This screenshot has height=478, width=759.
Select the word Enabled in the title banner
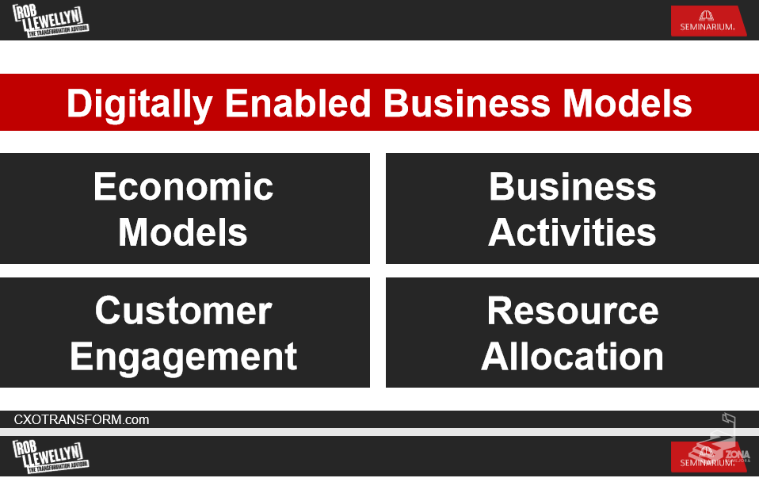(x=298, y=103)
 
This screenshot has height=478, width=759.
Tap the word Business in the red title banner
(x=467, y=103)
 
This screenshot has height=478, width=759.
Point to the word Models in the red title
(x=627, y=103)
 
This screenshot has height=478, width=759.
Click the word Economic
(x=184, y=186)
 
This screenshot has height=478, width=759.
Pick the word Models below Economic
(x=183, y=232)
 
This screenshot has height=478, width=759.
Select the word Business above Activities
(x=573, y=186)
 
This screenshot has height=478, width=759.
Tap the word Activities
(x=572, y=232)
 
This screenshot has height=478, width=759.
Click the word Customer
(x=184, y=311)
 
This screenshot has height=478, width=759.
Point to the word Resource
(x=573, y=311)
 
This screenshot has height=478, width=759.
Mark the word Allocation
(x=572, y=356)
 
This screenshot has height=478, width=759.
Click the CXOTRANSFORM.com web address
(x=82, y=419)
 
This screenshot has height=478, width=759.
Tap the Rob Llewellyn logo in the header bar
(x=51, y=21)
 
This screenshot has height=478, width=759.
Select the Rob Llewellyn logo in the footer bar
(x=51, y=457)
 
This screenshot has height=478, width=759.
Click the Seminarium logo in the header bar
(x=708, y=21)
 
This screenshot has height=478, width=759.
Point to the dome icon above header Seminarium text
(x=706, y=16)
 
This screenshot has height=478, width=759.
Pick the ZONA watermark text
(x=738, y=454)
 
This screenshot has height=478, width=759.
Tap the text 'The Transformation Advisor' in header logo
(x=58, y=31)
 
